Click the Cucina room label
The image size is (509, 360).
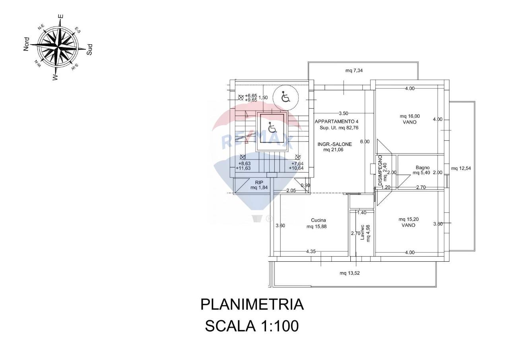tap(319, 220)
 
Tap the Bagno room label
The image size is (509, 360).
tap(422, 167)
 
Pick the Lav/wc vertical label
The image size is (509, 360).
tap(362, 233)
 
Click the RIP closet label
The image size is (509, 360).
tap(259, 182)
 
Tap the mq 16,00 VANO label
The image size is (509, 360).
tap(410, 119)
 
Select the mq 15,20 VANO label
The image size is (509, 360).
tap(408, 222)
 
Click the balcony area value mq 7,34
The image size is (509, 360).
tap(354, 71)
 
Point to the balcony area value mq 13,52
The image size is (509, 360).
tap(350, 273)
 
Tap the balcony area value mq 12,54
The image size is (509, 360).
tap(461, 168)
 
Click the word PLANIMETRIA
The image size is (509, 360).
tap(252, 305)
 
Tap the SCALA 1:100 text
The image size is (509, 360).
tap(251, 326)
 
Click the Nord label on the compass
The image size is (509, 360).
tap(27, 44)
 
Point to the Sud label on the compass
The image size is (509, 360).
tap(90, 49)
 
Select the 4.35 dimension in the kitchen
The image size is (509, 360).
tap(311, 251)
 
